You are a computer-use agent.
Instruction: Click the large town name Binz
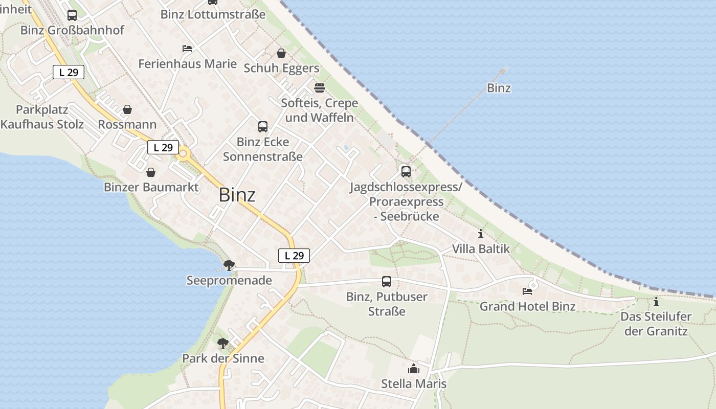point(237,195)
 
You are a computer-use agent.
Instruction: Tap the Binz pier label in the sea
point(499,88)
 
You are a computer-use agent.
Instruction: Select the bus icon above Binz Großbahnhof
point(72,15)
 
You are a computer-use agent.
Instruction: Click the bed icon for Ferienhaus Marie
point(187,49)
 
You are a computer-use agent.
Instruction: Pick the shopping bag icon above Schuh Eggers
point(281,53)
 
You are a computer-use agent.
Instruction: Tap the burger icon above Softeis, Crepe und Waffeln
point(320,88)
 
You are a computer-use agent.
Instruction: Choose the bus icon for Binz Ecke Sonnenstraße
point(263,127)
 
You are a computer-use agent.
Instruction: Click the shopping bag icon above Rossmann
point(127,109)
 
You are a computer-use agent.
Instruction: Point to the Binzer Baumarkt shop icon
point(150,172)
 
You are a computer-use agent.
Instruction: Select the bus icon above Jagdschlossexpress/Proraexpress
point(406,172)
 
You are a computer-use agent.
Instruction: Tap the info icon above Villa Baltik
point(481,234)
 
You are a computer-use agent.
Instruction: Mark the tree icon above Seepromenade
point(229,265)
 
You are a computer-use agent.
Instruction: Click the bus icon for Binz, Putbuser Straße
point(387,282)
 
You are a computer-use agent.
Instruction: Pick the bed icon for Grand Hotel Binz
point(527,291)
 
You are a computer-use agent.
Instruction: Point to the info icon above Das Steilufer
point(656,302)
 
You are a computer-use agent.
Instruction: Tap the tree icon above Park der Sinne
point(222,343)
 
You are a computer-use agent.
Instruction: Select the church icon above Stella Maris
point(414,369)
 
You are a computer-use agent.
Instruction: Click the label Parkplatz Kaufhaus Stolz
point(42,117)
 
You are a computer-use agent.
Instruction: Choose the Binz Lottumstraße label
point(213,14)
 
